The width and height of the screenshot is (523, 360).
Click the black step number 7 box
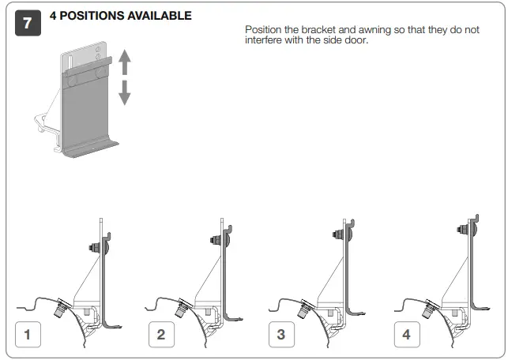click(28, 24)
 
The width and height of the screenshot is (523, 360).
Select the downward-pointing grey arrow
click(124, 94)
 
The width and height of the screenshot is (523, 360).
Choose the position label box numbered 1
click(28, 334)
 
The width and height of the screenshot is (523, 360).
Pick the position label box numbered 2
click(161, 334)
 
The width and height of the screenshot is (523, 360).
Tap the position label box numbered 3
click(280, 334)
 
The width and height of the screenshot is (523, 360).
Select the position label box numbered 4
click(406, 334)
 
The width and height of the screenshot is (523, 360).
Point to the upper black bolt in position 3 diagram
click(337, 234)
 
